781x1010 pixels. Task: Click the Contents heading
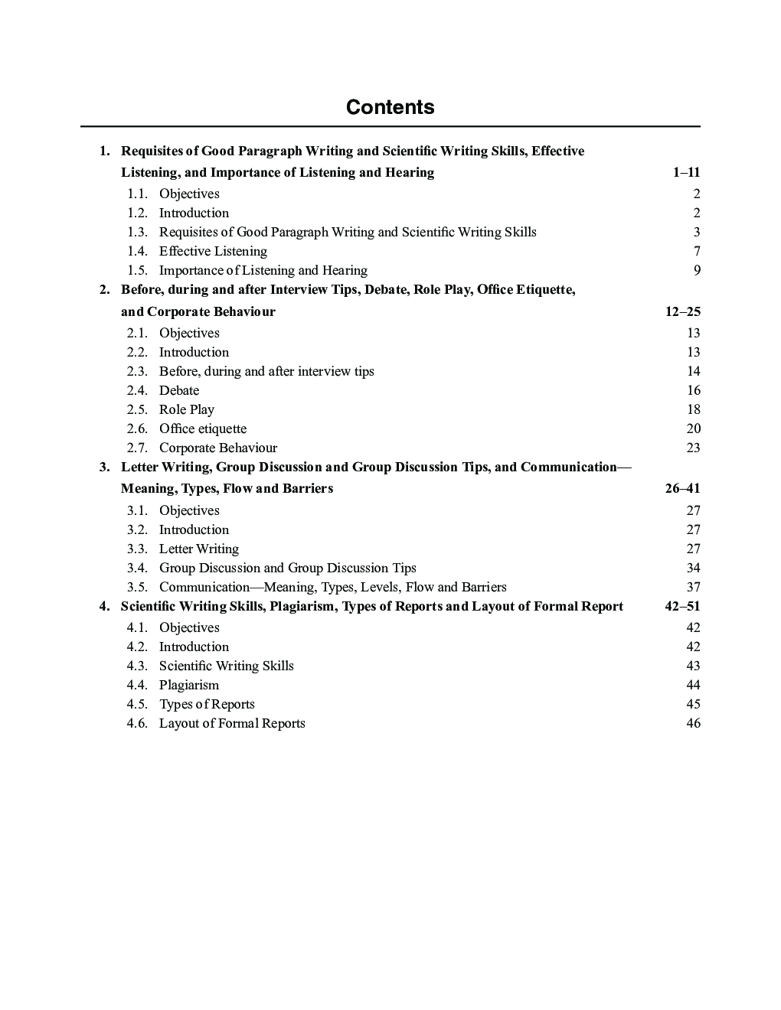pyautogui.click(x=390, y=107)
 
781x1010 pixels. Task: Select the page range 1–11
pyautogui.click(x=686, y=173)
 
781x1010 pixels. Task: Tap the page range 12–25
pyautogui.click(x=683, y=311)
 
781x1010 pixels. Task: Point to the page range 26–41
pyautogui.click(x=683, y=488)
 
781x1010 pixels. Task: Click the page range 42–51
pyautogui.click(x=683, y=607)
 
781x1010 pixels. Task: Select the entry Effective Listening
pyautogui.click(x=213, y=252)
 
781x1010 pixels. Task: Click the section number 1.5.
pyautogui.click(x=137, y=271)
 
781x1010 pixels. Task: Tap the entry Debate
pyautogui.click(x=178, y=391)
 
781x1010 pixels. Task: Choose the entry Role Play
pyautogui.click(x=186, y=410)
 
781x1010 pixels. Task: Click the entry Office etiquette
pyautogui.click(x=202, y=429)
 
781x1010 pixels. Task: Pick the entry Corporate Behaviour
pyautogui.click(x=217, y=448)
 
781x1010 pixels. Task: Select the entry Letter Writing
pyautogui.click(x=198, y=549)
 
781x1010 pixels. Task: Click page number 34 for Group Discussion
pyautogui.click(x=693, y=569)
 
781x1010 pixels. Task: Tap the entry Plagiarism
pyautogui.click(x=188, y=686)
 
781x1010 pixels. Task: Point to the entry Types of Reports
pyautogui.click(x=207, y=705)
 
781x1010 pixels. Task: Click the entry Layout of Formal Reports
pyautogui.click(x=232, y=724)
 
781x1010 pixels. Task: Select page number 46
pyautogui.click(x=693, y=724)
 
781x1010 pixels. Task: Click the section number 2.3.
pyautogui.click(x=137, y=372)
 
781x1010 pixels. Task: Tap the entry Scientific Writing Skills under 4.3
pyautogui.click(x=226, y=666)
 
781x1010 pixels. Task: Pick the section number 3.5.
pyautogui.click(x=137, y=588)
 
